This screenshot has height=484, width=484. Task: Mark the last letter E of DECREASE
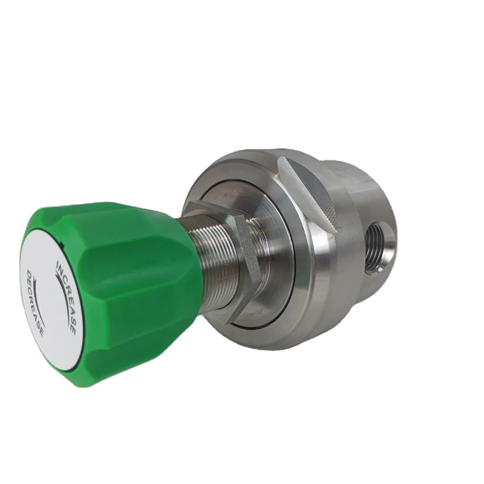42,334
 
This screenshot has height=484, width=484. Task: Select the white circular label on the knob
49,300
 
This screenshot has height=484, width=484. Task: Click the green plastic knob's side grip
134,291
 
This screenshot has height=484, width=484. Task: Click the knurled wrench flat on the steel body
314,188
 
